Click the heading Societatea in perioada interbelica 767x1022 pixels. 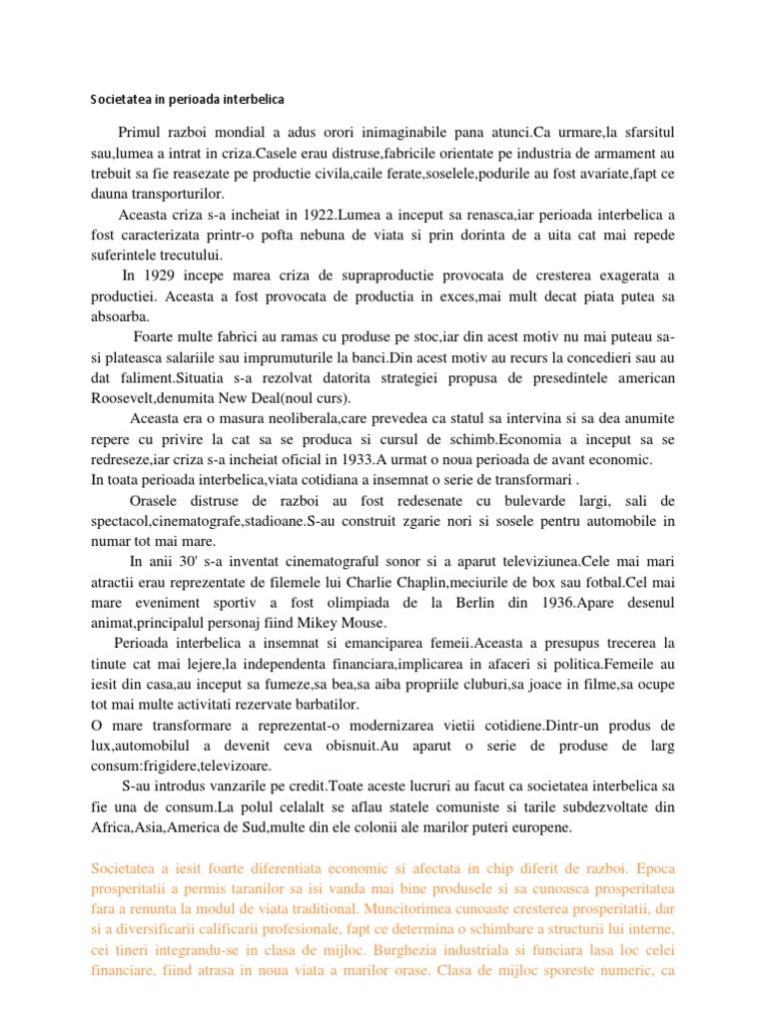(187, 100)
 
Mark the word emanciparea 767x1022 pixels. (375, 642)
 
